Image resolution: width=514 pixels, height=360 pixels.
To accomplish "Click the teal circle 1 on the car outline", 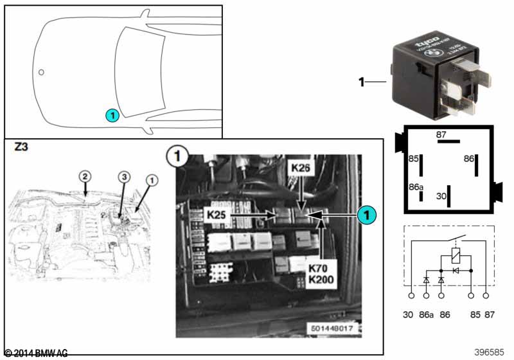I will point(111,116).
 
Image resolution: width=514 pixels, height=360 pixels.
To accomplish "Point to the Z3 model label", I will point(21,147).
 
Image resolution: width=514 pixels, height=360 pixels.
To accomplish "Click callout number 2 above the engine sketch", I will point(84,175).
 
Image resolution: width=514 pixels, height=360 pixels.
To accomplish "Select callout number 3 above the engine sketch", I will point(125,175).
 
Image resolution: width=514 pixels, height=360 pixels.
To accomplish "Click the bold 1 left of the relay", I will point(362,82).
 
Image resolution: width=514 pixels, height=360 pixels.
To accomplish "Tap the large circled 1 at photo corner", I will point(175,156).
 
